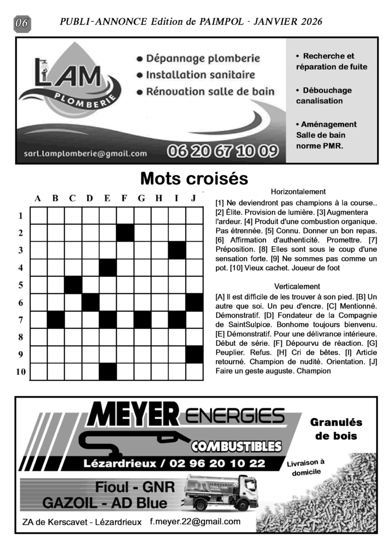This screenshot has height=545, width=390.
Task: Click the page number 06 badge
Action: tap(22, 23)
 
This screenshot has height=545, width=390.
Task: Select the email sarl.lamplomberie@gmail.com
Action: tap(85, 154)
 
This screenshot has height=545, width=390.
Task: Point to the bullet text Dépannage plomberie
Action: tap(198, 58)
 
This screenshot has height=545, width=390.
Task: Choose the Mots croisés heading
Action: tap(194, 178)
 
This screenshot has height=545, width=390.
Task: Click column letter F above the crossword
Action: tap(124, 199)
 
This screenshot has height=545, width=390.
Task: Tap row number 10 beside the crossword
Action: tap(20, 371)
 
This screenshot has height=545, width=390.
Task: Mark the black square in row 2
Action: tap(125, 233)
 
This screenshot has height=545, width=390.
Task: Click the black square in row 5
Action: tap(73, 285)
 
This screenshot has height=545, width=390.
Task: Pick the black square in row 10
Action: tap(107, 371)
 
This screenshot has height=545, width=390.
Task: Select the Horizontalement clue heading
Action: tap(298, 192)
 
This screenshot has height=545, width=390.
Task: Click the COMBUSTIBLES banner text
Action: tap(236, 445)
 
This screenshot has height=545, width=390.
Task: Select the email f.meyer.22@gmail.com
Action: tap(195, 522)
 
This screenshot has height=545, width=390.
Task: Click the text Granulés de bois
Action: tap(336, 429)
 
